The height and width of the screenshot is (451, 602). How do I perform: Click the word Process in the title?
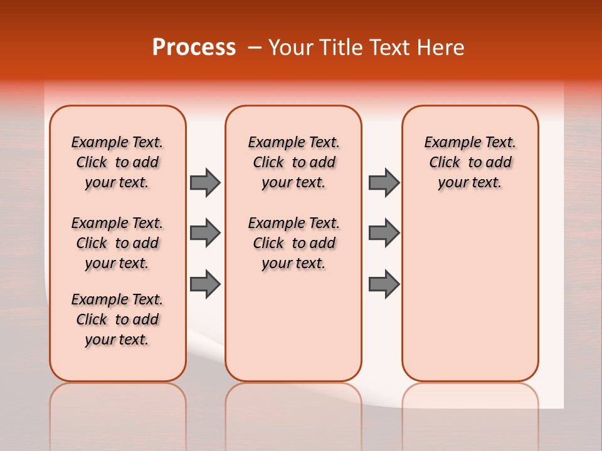[x=194, y=48]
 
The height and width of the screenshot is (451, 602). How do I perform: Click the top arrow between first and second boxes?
[x=205, y=182]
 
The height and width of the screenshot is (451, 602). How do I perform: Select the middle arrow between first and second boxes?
[x=205, y=233]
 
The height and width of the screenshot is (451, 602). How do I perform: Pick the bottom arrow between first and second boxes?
[x=205, y=284]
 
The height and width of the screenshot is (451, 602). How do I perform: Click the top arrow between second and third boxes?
[x=384, y=182]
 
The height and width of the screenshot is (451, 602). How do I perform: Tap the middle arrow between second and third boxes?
[x=384, y=233]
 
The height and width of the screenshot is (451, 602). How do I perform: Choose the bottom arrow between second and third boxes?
[x=384, y=284]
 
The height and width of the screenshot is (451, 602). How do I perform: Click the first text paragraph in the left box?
[x=117, y=162]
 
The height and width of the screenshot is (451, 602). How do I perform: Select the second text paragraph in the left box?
[x=117, y=243]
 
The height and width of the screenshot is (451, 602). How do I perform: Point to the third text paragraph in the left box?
[x=117, y=319]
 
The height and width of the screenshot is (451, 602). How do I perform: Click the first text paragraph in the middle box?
[x=294, y=162]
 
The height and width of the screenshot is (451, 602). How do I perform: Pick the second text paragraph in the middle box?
[x=294, y=243]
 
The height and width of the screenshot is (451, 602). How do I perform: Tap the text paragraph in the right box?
[x=470, y=162]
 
